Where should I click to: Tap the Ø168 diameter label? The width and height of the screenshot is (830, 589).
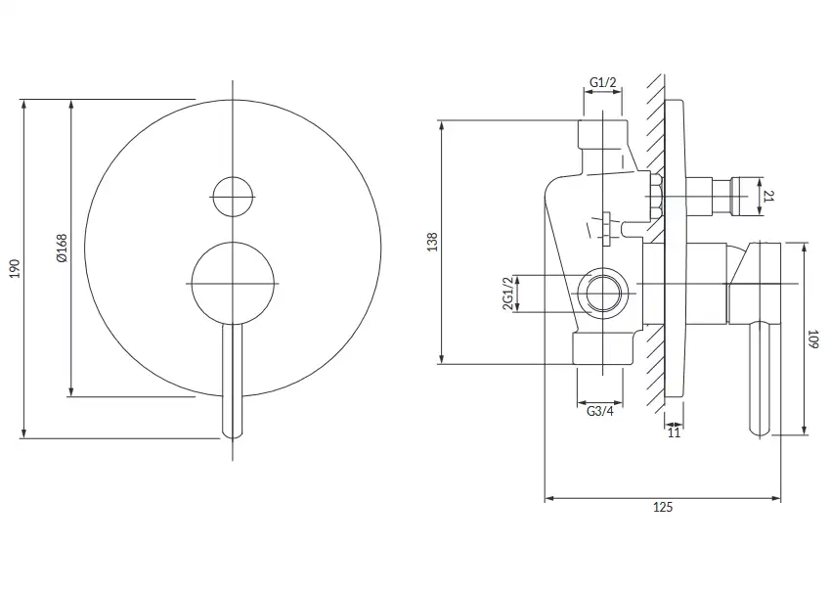click(x=62, y=248)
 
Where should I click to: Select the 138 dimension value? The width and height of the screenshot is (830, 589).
click(x=432, y=242)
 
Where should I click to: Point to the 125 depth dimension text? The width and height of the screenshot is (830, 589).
click(x=662, y=507)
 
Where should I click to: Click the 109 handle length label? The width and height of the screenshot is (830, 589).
click(x=813, y=339)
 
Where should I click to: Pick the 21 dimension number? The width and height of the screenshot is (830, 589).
click(x=769, y=197)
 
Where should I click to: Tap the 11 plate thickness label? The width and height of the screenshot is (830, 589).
click(x=674, y=432)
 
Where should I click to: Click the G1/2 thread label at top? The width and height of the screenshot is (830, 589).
click(x=602, y=82)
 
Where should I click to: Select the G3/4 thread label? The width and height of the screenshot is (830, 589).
click(x=599, y=411)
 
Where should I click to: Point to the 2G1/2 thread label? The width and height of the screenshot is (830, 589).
click(x=507, y=294)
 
